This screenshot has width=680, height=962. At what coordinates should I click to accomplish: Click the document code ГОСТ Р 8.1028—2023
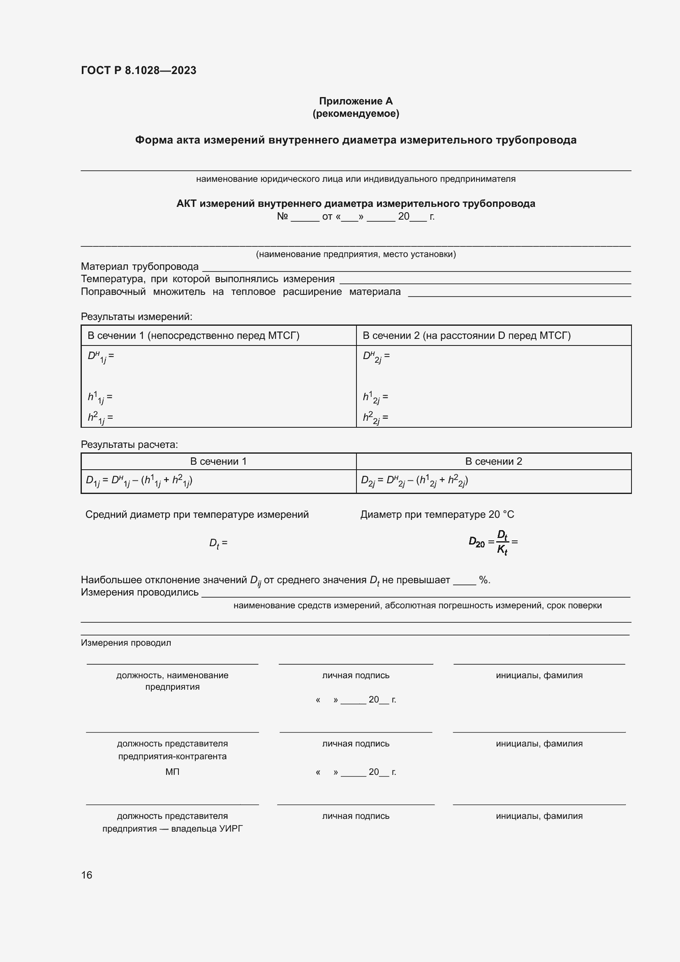[x=139, y=70]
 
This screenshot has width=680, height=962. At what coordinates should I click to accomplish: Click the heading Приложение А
[x=356, y=101]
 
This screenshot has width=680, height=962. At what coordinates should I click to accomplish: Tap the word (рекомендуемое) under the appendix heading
[x=356, y=114]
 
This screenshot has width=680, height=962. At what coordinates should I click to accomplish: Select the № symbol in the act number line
[x=282, y=217]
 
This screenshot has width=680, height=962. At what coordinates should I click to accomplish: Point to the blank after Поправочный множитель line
[x=519, y=294]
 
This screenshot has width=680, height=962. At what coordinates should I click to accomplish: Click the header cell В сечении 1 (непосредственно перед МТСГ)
[x=194, y=336]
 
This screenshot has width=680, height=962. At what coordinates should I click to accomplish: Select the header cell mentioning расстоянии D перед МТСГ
[x=467, y=336]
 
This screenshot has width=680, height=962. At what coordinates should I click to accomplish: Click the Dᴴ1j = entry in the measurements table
[x=100, y=357]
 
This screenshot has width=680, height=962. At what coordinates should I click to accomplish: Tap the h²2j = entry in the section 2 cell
[x=375, y=418]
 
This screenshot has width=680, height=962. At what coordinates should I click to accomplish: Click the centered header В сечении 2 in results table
[x=494, y=461]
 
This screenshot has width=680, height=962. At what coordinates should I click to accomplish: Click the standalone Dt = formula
[x=218, y=543]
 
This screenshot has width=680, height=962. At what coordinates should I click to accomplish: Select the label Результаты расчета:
[x=130, y=445]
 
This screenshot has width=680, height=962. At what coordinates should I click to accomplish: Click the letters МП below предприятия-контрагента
[x=172, y=772]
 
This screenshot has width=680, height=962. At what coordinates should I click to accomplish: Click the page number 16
[x=87, y=875]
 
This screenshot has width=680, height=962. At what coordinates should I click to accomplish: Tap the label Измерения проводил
[x=126, y=643]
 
